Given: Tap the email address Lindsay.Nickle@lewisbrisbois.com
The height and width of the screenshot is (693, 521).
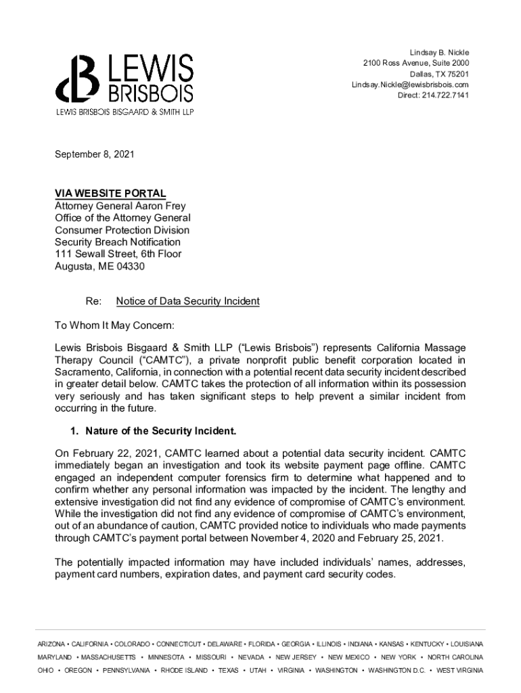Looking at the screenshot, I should [409, 85].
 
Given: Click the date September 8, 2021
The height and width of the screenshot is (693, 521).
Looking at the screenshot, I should [94, 154].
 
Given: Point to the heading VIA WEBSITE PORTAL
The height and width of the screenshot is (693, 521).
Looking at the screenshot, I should [110, 194].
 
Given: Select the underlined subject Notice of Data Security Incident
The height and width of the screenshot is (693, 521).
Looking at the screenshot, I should [187, 301].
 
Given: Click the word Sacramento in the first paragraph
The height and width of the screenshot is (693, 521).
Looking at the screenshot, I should [83, 372].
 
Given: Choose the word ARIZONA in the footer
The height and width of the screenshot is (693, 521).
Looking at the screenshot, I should [51, 644].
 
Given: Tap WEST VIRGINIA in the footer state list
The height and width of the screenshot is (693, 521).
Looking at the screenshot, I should [459, 670].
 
